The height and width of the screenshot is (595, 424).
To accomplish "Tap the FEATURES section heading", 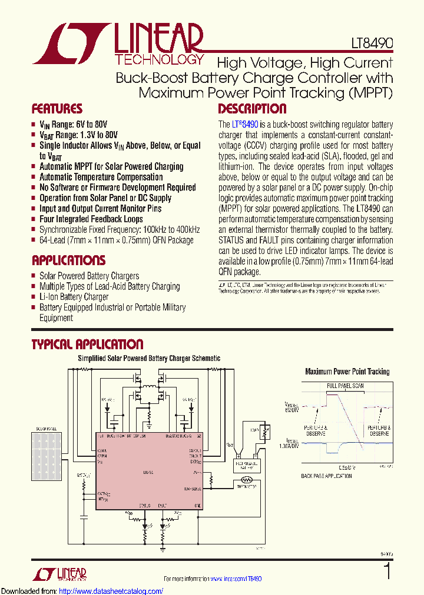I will [x=57, y=109].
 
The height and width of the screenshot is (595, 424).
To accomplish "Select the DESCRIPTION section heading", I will [x=252, y=109].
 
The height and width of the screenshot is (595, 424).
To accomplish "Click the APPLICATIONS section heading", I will [x=68, y=260].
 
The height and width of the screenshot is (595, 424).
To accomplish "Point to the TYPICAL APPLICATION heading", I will [x=87, y=345].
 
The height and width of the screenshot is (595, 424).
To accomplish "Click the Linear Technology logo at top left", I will [x=118, y=43].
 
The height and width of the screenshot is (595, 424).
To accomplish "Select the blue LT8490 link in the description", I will [x=245, y=125].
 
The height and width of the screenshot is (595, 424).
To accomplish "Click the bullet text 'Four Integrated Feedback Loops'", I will [x=91, y=219].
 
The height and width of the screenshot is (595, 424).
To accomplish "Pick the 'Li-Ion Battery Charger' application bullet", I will [x=74, y=297].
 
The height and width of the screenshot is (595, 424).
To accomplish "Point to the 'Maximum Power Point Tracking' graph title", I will [x=347, y=372].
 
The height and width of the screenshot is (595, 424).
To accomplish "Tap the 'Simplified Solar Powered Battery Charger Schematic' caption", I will [x=149, y=358].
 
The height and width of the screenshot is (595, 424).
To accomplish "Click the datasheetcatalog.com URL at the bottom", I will [x=82, y=591].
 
